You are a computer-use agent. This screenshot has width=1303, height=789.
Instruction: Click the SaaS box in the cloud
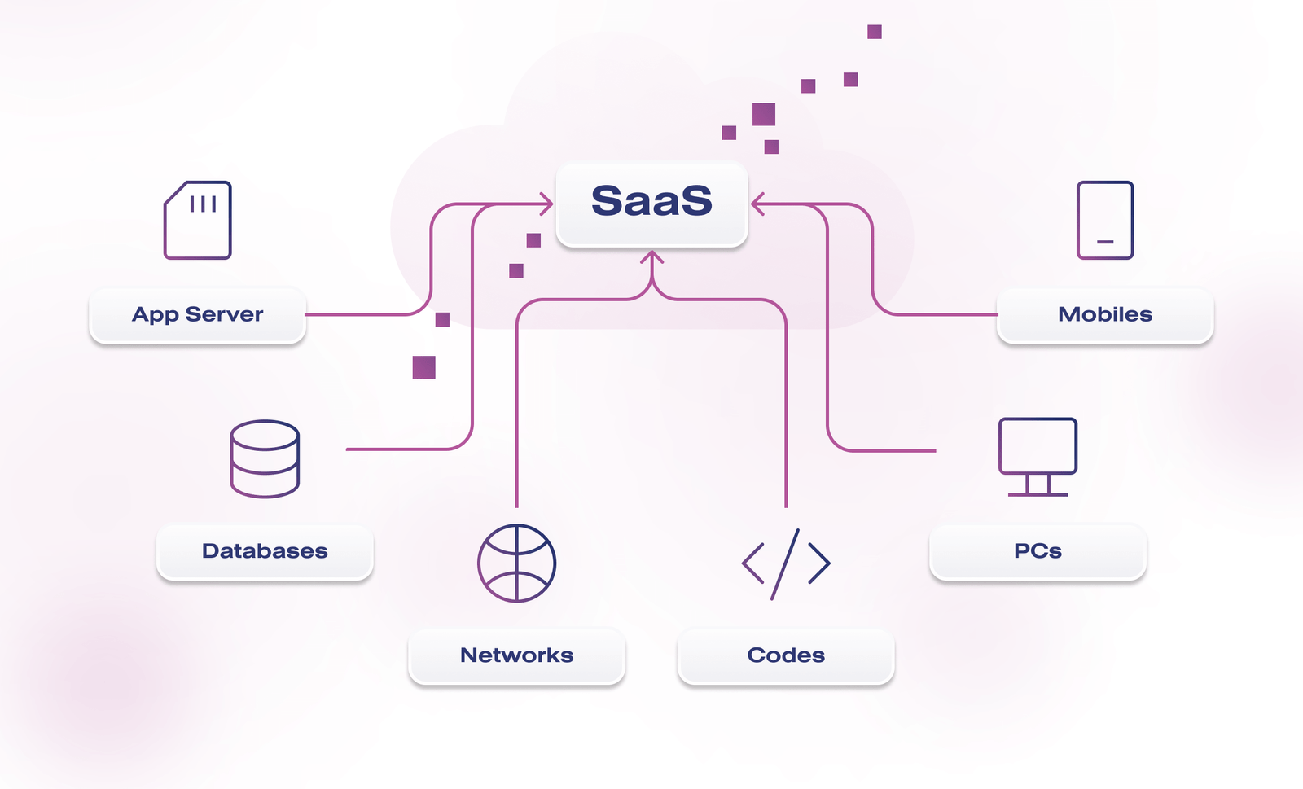(651, 204)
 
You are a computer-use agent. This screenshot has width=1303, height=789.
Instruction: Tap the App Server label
(197, 314)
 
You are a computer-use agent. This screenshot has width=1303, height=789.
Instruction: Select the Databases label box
(265, 551)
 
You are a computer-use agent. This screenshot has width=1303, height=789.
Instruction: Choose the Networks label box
(516, 655)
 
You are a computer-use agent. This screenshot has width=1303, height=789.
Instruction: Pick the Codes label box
(786, 655)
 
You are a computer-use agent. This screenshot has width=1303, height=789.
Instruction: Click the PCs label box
(1038, 551)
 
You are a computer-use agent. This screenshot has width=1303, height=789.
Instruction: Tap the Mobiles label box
(1105, 314)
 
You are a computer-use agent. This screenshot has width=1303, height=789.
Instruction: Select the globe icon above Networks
(516, 563)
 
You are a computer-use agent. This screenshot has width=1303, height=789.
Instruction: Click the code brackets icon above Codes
(785, 564)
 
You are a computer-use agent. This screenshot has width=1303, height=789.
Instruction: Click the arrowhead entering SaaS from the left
(546, 204)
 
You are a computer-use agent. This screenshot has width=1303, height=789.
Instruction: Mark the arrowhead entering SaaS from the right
(757, 204)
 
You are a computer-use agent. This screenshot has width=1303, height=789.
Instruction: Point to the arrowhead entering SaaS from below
(652, 256)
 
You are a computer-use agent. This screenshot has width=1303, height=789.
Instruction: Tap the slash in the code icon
(785, 564)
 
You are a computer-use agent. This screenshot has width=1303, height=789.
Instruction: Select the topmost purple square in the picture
(875, 32)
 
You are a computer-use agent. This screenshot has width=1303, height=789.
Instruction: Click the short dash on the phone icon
(1105, 241)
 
